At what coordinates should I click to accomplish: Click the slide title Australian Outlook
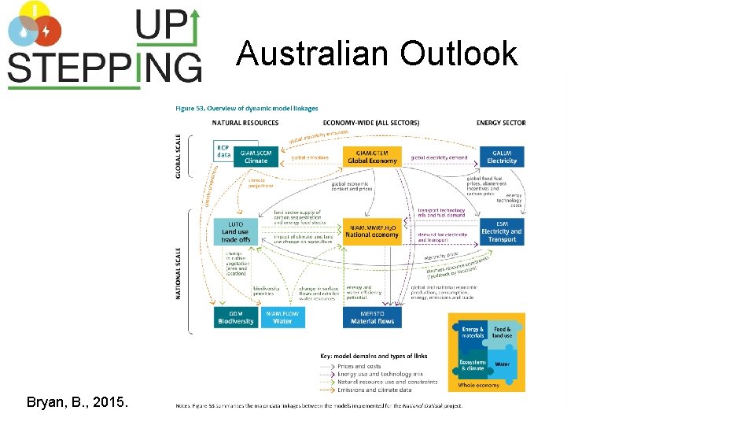tap(377, 54)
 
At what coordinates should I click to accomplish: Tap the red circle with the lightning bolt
tap(46, 31)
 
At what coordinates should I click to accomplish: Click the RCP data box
tap(224, 151)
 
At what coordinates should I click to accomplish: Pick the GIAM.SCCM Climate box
tap(256, 157)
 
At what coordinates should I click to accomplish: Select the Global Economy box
tap(372, 157)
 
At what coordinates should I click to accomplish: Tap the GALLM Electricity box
tap(502, 157)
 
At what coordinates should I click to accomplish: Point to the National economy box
tap(372, 231)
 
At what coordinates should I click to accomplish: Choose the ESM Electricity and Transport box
tap(502, 231)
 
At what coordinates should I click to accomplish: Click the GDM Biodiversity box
tap(236, 317)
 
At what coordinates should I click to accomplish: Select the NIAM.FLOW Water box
tap(282, 317)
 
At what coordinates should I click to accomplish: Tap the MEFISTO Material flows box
tap(372, 317)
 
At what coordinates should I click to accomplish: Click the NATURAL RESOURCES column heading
tap(245, 123)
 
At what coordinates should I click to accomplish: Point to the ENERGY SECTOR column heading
tap(501, 123)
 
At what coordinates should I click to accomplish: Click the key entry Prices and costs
tap(359, 366)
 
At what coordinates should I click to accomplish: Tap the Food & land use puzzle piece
tap(502, 332)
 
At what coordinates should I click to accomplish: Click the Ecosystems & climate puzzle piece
tap(473, 365)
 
